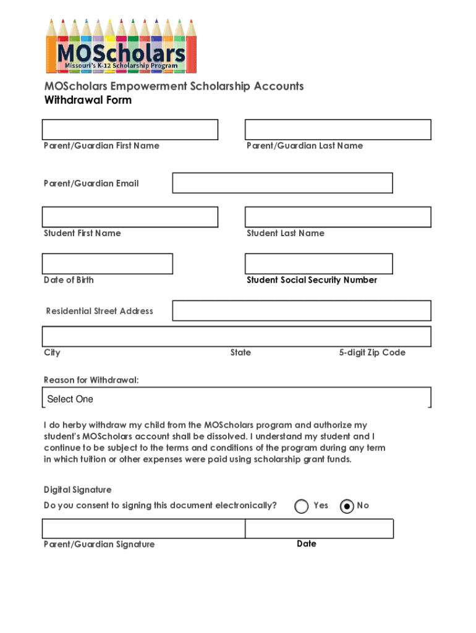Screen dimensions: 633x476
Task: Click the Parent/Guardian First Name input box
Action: [130, 130]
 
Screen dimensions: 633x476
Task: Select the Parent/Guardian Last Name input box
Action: [338, 130]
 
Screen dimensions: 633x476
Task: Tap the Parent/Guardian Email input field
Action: [282, 183]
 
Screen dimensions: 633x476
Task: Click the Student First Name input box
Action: [130, 217]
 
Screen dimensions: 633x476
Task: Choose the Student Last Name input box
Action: [338, 217]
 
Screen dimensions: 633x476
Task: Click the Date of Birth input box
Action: [107, 264]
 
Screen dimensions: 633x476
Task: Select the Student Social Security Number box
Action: [318, 264]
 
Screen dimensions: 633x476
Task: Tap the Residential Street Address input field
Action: [301, 311]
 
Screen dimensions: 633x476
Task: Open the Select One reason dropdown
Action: [237, 399]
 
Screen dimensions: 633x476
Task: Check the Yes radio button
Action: [302, 506]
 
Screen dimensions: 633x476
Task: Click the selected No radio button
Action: [347, 506]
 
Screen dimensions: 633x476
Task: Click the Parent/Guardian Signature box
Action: [143, 529]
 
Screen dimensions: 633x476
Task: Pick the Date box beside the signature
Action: [319, 529]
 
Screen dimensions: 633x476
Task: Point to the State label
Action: [240, 352]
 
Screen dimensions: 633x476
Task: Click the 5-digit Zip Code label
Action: [372, 352]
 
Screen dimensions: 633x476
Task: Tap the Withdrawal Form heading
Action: [87, 100]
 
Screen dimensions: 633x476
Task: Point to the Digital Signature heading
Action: [77, 490]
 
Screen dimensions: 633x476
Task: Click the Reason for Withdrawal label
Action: [91, 380]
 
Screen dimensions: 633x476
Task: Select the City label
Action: [52, 352]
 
